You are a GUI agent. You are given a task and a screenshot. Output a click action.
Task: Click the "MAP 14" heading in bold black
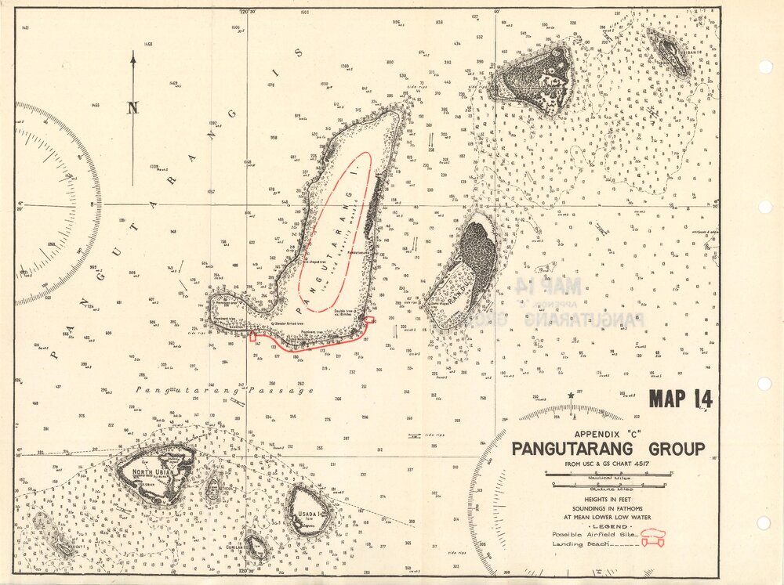pos(681,399)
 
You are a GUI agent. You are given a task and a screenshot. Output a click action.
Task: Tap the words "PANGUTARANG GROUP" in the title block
pos(608,450)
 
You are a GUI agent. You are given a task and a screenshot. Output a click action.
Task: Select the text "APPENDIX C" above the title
pos(608,434)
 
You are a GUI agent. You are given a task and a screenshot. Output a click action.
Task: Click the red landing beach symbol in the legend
pos(649,543)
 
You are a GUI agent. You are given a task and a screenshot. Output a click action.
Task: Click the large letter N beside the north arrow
pos(132,109)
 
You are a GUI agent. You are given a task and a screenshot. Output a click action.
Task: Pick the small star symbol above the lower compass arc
pos(571,395)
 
